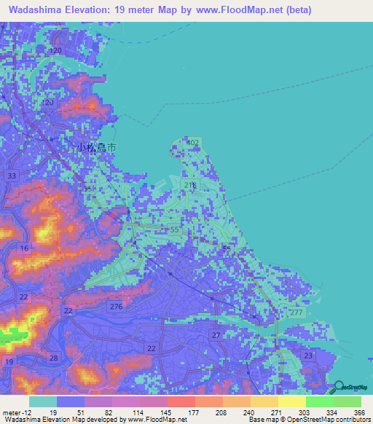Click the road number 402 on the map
pyautogui.click(x=193, y=142)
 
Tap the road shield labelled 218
pyautogui.click(x=191, y=186)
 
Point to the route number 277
pyautogui.click(x=296, y=312)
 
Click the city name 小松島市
pyautogui.click(x=97, y=146)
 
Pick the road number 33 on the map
pyautogui.click(x=11, y=176)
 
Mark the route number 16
pyautogui.click(x=25, y=248)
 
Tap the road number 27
pyautogui.click(x=216, y=334)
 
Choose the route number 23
pyautogui.click(x=308, y=356)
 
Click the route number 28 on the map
pyautogui.click(x=54, y=357)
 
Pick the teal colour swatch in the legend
pyautogui.click(x=43, y=401)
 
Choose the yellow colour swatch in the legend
pyautogui.click(x=292, y=401)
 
